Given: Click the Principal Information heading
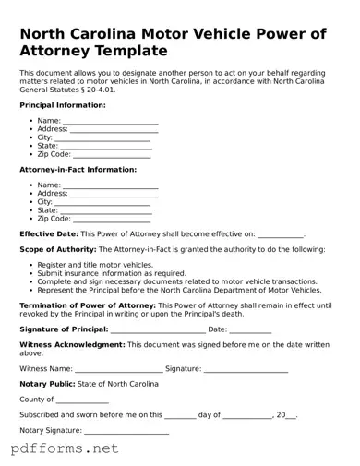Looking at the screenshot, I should [62, 105].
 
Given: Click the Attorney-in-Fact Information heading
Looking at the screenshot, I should [78, 170].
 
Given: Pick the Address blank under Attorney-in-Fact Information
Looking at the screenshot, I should [114, 195].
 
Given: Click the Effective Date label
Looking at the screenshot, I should [48, 234].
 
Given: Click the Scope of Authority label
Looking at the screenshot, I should [57, 249].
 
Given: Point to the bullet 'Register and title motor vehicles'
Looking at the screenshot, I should [95, 265].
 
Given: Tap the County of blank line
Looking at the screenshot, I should [82, 401].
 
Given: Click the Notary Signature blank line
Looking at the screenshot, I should [126, 432].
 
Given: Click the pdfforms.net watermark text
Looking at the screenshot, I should [65, 449].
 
